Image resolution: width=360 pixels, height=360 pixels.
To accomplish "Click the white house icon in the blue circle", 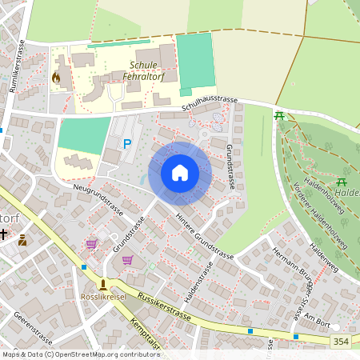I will pos(180,173).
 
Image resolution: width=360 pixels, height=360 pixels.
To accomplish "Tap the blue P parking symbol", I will pos(126,144).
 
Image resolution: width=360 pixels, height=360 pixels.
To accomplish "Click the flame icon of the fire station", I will pos(56,78).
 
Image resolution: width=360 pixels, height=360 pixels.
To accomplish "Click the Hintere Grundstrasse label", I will pos(206,239).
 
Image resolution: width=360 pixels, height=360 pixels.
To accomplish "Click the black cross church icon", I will pos(4,235).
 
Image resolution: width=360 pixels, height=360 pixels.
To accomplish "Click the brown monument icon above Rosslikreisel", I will pos(102,284).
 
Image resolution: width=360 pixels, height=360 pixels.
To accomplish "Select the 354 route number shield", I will pos(341,342).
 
